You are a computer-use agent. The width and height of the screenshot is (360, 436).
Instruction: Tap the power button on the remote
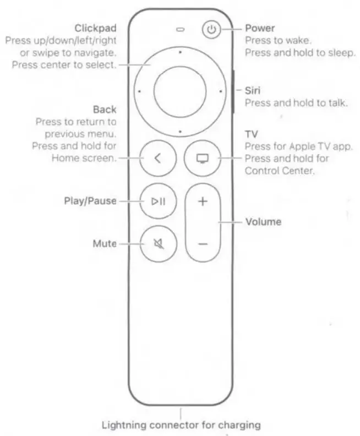click(211, 30)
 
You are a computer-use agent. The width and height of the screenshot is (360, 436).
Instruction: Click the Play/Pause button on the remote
click(158, 201)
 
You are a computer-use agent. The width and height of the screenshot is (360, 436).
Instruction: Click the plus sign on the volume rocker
click(203, 201)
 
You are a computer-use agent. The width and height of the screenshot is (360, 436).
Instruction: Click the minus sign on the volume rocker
click(203, 243)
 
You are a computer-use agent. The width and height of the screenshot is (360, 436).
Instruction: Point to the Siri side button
click(234, 92)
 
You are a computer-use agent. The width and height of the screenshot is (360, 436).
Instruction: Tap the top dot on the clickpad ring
click(180, 52)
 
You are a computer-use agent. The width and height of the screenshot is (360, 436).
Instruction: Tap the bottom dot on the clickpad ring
click(180, 132)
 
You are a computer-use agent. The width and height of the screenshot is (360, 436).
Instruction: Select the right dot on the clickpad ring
click(220, 92)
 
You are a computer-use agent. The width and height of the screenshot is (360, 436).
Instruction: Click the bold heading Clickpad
click(96, 28)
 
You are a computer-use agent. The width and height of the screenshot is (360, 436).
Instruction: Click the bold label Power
click(260, 28)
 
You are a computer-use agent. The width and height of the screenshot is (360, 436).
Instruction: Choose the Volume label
click(263, 222)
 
